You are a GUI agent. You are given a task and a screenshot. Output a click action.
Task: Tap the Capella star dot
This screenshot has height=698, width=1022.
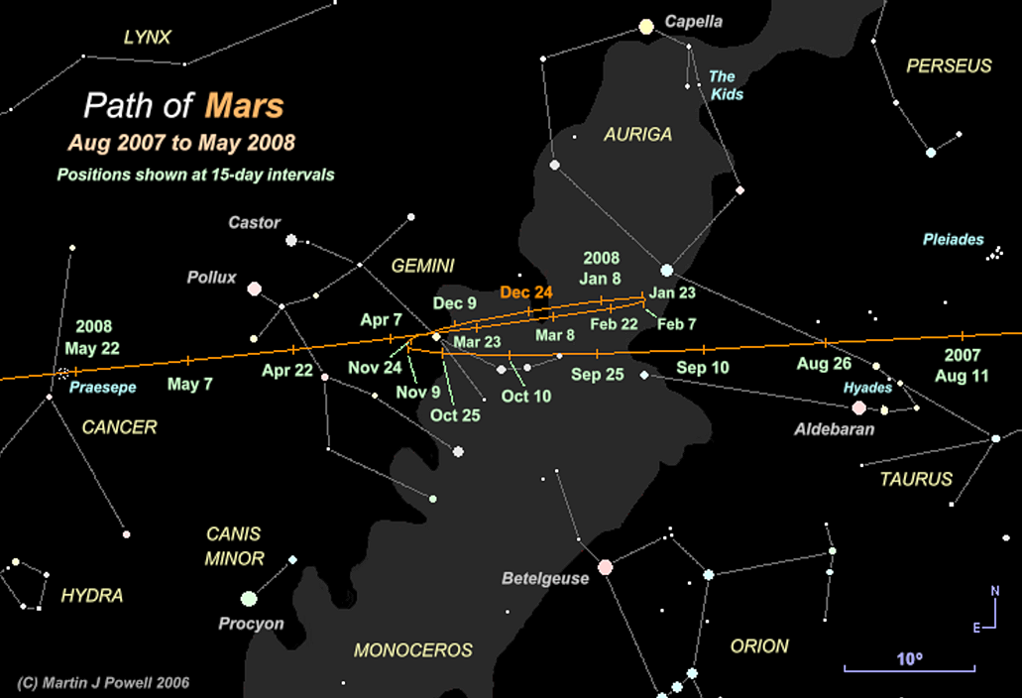pyautogui.click(x=646, y=27)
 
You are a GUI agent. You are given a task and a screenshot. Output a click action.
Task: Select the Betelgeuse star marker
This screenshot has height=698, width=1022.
pyautogui.click(x=605, y=567)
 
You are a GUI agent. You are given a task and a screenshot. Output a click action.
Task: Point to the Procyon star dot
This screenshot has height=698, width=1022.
pyautogui.click(x=249, y=599)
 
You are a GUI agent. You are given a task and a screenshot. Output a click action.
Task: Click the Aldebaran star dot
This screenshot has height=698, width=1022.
pyautogui.click(x=858, y=407)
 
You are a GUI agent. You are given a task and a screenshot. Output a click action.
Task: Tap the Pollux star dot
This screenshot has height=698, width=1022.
pyautogui.click(x=255, y=289)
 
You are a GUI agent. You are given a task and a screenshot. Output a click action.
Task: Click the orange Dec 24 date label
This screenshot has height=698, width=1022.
pyautogui.click(x=526, y=292)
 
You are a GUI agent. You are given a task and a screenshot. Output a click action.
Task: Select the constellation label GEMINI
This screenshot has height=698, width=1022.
pyautogui.click(x=422, y=266)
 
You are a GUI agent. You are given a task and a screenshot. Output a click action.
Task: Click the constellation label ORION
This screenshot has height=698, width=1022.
pyautogui.click(x=759, y=645)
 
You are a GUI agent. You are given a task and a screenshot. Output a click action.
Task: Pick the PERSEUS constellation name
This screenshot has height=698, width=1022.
pyautogui.click(x=949, y=66)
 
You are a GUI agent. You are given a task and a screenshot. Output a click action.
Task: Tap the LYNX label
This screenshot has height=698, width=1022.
pyautogui.click(x=148, y=38)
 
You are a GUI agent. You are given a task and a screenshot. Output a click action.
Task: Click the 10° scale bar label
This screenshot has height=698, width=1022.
pyautogui.click(x=909, y=658)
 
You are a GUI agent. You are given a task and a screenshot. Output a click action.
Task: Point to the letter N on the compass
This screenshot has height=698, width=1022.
pyautogui.click(x=995, y=592)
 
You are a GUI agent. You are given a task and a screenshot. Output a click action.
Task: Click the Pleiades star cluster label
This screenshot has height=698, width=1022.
pyautogui.click(x=953, y=239)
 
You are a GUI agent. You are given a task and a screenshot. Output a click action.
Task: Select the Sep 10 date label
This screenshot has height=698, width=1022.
pyautogui.click(x=703, y=368)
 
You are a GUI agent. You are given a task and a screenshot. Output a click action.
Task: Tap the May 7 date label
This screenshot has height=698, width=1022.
pyautogui.click(x=189, y=384)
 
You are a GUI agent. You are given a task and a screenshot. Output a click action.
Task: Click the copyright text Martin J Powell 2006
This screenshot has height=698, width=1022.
pyautogui.click(x=103, y=682)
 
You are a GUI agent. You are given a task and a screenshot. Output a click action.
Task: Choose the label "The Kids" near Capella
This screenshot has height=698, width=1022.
pyautogui.click(x=725, y=85)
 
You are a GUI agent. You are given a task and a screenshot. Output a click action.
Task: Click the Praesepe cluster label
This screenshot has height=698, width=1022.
pyautogui.click(x=102, y=388)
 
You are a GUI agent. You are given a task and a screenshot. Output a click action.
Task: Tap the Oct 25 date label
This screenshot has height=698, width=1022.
pyautogui.click(x=455, y=414)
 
